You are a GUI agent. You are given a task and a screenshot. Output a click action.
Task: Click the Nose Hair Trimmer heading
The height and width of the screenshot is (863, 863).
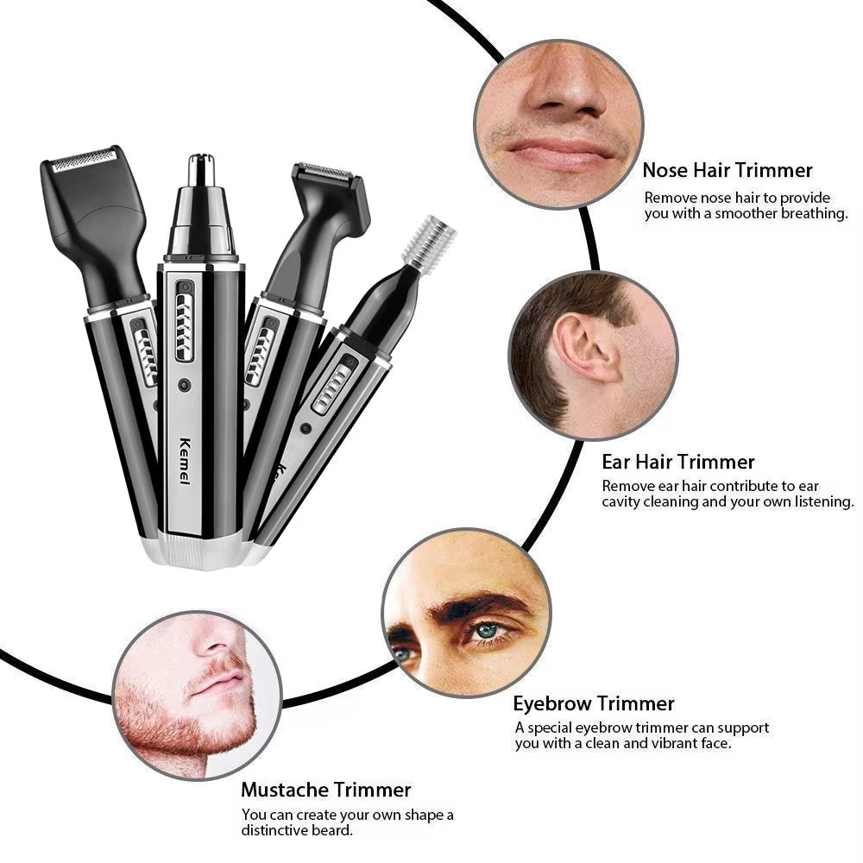coord(727,171)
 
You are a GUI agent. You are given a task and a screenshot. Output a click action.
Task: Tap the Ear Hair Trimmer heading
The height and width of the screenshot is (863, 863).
coord(677,462)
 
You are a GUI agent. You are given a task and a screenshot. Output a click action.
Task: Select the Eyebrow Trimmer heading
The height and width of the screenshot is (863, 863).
coord(594,703)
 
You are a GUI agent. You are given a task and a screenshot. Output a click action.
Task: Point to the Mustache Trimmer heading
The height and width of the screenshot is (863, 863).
coord(325,789)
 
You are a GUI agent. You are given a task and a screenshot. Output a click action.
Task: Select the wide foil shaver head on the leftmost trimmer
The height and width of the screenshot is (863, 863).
coord(83,161)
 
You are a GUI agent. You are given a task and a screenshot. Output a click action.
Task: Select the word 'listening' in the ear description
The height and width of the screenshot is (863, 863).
coord(816,501)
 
